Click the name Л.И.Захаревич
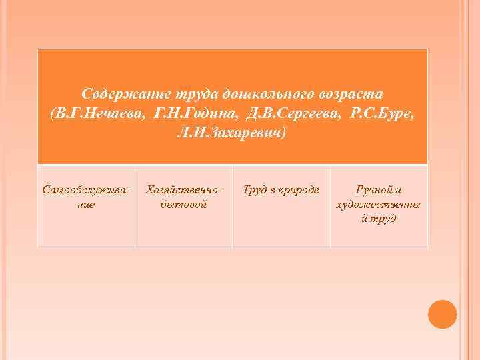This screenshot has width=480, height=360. tap(230, 133)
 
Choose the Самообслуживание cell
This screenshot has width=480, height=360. tap(86, 197)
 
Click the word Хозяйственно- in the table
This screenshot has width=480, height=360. tap(183, 190)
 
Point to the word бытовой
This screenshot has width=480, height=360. tap(183, 205)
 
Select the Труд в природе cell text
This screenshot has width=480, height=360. tap(281, 190)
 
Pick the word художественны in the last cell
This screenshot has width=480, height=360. tap(379, 204)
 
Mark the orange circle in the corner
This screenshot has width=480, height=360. tap(442, 314)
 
